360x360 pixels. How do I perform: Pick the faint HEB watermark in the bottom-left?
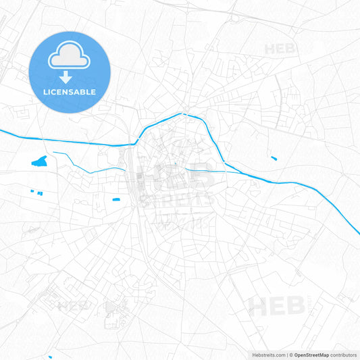[74, 305]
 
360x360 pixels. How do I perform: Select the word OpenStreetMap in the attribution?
[311, 355]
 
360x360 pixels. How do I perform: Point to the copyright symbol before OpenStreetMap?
[290, 355]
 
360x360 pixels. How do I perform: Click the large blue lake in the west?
[41, 161]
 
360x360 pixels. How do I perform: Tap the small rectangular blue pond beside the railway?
[116, 199]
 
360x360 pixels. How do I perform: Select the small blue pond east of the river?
[274, 158]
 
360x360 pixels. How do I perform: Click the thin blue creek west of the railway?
[88, 164]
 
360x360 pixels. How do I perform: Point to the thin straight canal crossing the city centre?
[203, 170]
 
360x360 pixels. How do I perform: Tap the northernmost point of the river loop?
[184, 114]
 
